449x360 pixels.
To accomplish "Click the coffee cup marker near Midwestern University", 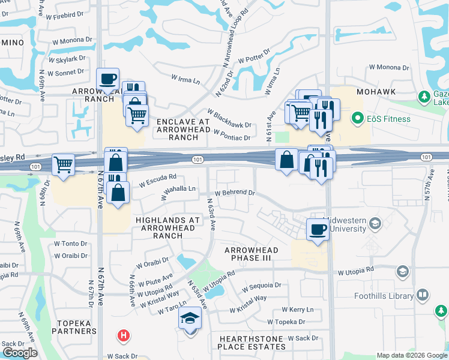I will coord(318,229).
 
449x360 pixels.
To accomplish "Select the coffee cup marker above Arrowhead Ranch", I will coord(107,79).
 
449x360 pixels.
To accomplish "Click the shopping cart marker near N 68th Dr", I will coord(63,164).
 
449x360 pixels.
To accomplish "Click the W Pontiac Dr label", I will coord(232,137).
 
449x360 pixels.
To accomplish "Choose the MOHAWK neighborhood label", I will coord(376,92).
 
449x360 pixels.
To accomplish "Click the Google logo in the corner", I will coord(20,353).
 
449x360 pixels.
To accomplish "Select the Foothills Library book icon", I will coord(423,295).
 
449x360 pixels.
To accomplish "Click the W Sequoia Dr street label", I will coord(261,287).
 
